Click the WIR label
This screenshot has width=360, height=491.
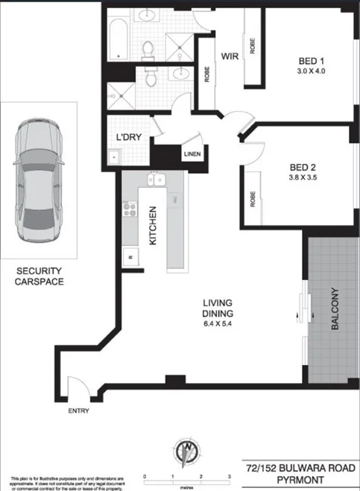[x=227, y=56]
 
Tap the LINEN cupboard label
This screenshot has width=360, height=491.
[x=192, y=155]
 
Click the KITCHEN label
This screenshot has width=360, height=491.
[x=151, y=227]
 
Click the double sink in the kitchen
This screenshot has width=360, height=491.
[x=157, y=180]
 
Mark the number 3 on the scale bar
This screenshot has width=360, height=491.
[x=228, y=475]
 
